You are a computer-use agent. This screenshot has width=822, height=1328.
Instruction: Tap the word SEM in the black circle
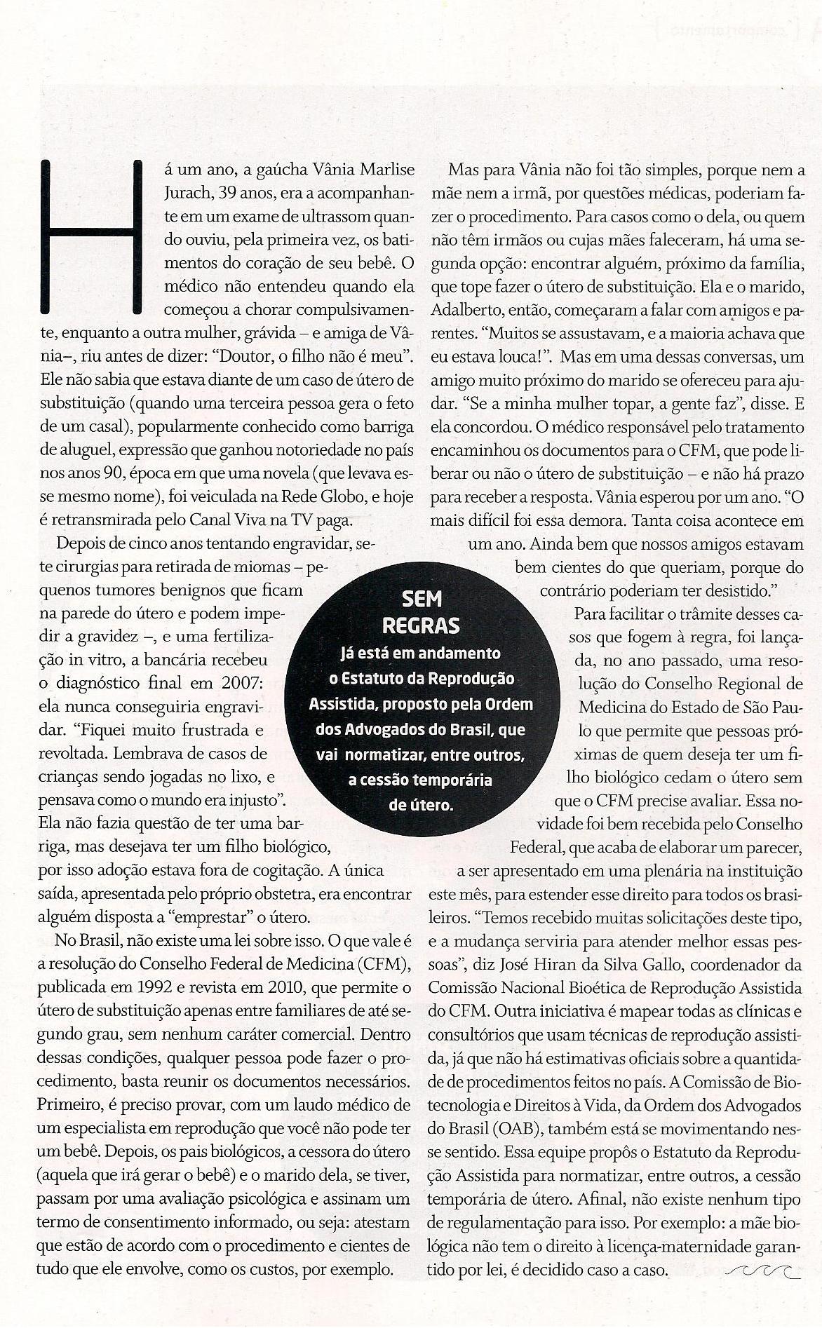pyautogui.click(x=421, y=599)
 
